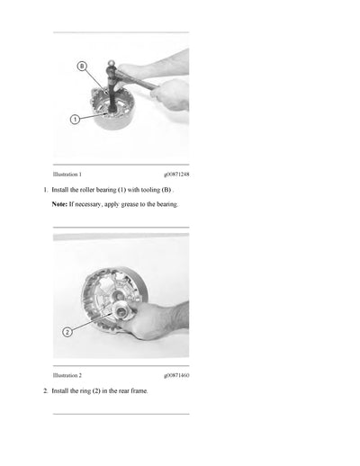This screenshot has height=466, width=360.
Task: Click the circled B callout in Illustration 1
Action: coord(82,67)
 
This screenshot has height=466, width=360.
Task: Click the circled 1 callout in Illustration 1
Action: coord(75,120)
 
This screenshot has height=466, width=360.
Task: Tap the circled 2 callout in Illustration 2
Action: coord(67,332)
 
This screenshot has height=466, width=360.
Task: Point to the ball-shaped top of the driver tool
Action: coord(112,64)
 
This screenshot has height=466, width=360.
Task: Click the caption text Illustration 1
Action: coord(67,175)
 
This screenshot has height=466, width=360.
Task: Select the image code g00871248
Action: coord(176,175)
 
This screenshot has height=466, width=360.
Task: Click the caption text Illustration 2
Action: coord(67,375)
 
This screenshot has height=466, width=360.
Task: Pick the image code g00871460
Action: coord(176,375)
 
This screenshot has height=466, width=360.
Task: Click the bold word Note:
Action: coord(59,204)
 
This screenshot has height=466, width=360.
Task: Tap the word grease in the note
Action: coord(130,204)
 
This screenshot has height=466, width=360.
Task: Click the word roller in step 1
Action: coord(87,190)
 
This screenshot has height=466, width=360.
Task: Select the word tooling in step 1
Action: coord(150,190)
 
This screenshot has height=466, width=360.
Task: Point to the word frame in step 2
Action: coord(139,391)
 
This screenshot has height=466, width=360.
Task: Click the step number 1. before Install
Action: coord(46,190)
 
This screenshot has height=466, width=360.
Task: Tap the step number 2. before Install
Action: coord(46,391)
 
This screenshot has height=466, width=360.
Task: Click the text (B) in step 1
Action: coord(166,190)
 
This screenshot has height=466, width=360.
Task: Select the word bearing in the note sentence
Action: coord(167,204)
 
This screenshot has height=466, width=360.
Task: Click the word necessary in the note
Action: coord(87,205)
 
